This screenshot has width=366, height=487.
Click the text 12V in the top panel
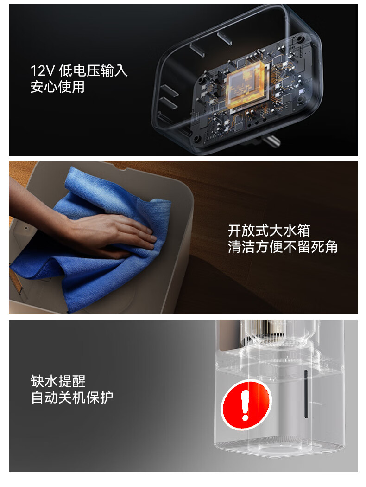point(43,71)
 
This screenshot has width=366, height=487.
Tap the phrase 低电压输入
point(93,70)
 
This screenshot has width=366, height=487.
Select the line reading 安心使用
point(58,87)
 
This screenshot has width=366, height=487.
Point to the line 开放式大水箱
point(269,231)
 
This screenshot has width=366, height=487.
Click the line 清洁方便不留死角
point(283,247)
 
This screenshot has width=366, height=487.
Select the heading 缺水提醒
point(58,381)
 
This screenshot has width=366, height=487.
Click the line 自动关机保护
point(72,397)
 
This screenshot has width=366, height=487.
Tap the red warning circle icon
point(246,405)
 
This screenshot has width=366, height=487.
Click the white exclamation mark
point(246,405)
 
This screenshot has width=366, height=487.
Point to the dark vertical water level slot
point(306,394)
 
